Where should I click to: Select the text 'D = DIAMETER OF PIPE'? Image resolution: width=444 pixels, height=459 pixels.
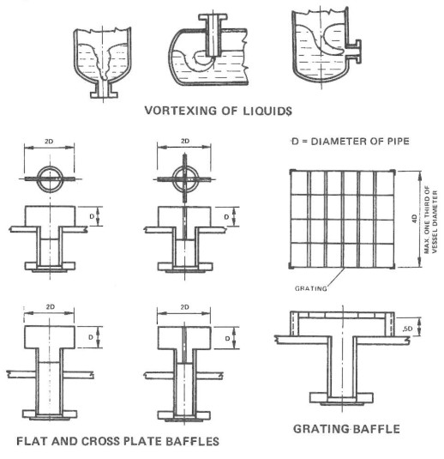click(351, 142)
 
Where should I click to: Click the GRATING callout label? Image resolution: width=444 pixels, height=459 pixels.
click(310, 288)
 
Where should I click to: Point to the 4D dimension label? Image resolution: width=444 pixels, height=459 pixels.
click(414, 219)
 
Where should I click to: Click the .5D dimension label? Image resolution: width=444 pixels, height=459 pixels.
click(407, 329)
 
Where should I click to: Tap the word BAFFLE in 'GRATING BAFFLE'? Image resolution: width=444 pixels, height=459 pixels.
click(376, 429)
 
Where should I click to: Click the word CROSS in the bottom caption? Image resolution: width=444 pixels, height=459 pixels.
click(100, 442)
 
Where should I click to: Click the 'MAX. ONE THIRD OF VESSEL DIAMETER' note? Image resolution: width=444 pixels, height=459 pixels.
click(431, 220)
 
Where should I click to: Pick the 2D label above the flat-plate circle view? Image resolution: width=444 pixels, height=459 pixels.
click(49, 142)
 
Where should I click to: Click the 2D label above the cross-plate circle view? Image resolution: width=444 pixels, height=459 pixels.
click(185, 141)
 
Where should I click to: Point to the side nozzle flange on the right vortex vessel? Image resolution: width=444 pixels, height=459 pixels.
click(357, 51)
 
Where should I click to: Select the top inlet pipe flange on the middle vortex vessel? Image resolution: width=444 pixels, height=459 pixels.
click(213, 17)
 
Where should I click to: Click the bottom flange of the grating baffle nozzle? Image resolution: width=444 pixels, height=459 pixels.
click(341, 398)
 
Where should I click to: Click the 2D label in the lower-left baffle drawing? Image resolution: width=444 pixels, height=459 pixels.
click(51, 307)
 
